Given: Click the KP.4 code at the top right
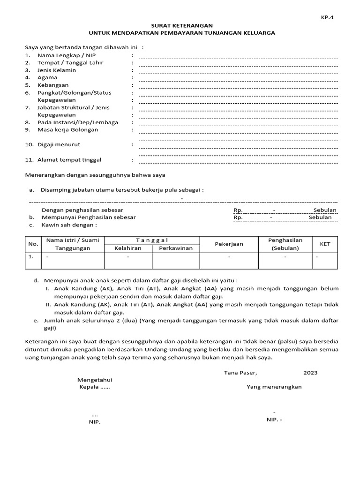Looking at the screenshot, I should [x=327, y=17].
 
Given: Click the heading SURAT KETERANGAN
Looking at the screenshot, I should [x=182, y=25].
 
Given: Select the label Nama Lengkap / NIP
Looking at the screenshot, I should [x=61, y=55].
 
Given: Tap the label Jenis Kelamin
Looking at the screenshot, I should [x=57, y=70].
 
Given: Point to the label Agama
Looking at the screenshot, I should [x=47, y=77].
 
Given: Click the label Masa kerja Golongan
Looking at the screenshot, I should [x=68, y=130].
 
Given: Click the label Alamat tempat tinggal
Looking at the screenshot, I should [x=69, y=160].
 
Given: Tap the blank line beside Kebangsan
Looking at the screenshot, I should [x=238, y=88].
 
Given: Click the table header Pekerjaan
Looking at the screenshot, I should [x=229, y=244].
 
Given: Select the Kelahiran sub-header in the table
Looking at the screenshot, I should [x=127, y=248].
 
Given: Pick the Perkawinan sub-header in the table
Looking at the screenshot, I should [x=176, y=248].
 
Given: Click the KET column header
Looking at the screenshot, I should [x=325, y=244].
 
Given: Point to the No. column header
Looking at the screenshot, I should [x=33, y=244].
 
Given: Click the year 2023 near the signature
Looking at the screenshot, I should [x=310, y=373].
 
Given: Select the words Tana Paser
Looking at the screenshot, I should [x=240, y=373].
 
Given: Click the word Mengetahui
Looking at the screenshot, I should [x=95, y=380].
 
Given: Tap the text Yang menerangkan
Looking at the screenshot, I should [x=274, y=387].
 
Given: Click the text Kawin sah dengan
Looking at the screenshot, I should [x=69, y=225].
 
